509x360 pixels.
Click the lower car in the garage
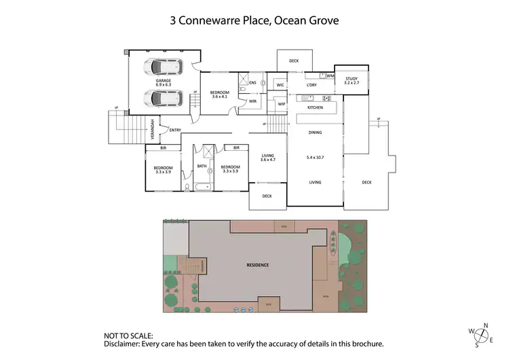pyautogui.click(x=161, y=98)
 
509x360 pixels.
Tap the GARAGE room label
pyautogui.click(x=163, y=80)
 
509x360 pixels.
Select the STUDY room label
pyautogui.click(x=351, y=79)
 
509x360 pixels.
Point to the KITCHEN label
pyautogui.click(x=315, y=108)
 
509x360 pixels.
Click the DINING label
pyautogui.click(x=315, y=132)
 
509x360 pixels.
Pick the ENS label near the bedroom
pyautogui.click(x=252, y=83)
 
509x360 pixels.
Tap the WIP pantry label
pyautogui.click(x=281, y=104)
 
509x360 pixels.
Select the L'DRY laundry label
pyautogui.click(x=312, y=85)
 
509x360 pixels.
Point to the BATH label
pyautogui.click(x=202, y=166)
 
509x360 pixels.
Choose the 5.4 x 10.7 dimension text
pyautogui.click(x=316, y=158)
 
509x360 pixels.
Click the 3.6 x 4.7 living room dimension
pyautogui.click(x=268, y=160)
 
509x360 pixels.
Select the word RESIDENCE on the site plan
pyautogui.click(x=258, y=265)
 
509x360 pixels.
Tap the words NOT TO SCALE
pyautogui.click(x=128, y=336)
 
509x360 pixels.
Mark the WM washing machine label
pyautogui.click(x=330, y=75)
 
